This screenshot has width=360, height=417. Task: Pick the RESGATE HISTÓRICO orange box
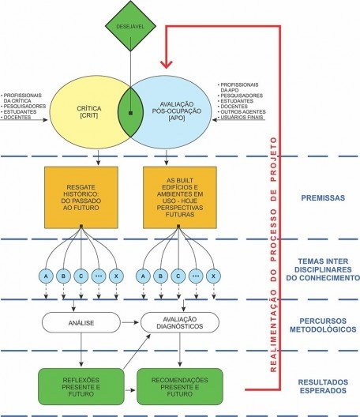coord(81,196)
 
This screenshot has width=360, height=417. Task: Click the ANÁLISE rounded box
coord(81,321)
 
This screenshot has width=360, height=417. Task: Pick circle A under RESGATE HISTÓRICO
coord(45,276)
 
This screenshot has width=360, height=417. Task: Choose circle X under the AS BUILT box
coord(216,276)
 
